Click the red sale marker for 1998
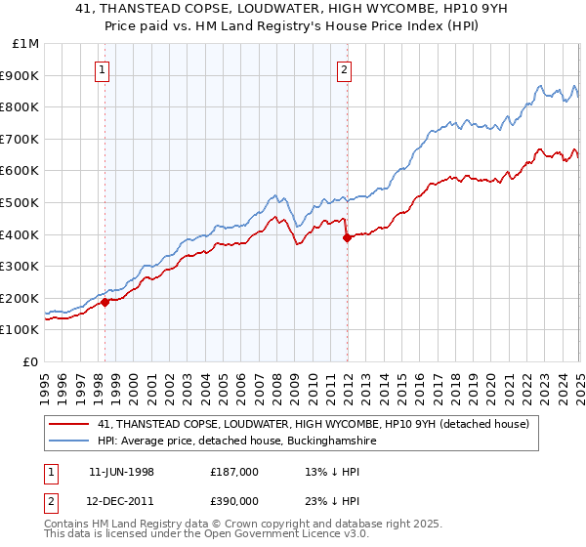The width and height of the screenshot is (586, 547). click(x=105, y=302)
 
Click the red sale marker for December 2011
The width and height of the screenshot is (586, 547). click(x=346, y=237)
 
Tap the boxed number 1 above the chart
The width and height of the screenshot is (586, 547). click(x=103, y=69)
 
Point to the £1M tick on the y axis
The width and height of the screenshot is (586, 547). click(x=26, y=44)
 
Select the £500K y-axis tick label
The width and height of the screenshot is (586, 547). click(x=21, y=203)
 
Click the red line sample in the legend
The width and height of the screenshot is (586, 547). click(x=70, y=425)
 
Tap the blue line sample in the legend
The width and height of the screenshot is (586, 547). click(x=70, y=442)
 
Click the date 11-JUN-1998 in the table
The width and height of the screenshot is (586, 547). click(x=121, y=472)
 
